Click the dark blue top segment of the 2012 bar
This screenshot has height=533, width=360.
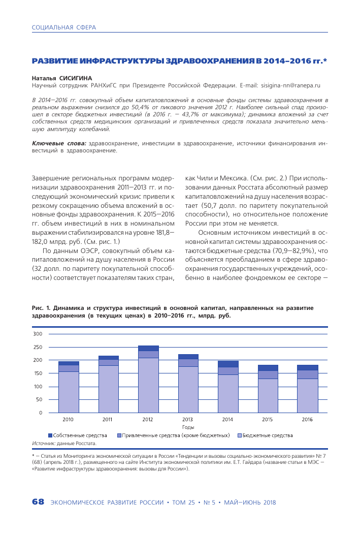point(148,348)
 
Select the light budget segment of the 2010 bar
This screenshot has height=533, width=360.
point(69,392)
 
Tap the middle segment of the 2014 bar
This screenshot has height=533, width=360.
point(227,371)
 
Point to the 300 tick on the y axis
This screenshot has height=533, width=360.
point(38,334)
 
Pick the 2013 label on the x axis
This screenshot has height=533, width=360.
point(188,420)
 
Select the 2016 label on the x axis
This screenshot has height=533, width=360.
point(307,420)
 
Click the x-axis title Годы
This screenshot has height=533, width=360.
point(188,427)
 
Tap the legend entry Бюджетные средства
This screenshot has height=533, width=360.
point(267,435)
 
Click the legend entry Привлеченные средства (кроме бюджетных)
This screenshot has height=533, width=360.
point(176,435)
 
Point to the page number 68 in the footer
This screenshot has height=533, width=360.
point(38,502)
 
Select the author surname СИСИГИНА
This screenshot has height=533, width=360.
point(76,79)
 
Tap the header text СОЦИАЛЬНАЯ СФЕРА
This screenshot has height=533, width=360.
point(63,27)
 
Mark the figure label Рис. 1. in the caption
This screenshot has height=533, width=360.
point(41,308)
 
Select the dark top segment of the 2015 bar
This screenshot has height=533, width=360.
point(267,368)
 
